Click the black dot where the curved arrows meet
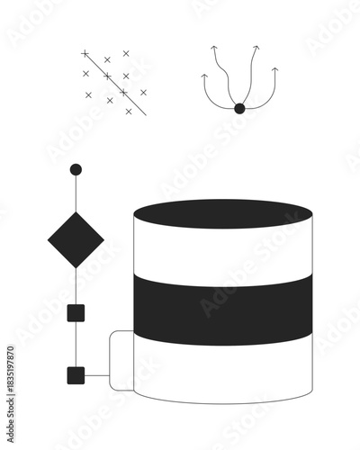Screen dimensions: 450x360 click(239, 109)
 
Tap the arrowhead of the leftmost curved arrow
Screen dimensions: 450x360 click(204, 76)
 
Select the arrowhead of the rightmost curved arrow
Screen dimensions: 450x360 click(274, 68)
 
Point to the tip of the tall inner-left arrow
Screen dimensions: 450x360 click(214, 48)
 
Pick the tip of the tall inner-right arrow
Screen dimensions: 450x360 click(256, 47)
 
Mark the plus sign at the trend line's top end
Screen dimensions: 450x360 click(85, 54)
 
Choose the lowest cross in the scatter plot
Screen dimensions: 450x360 click(129, 112)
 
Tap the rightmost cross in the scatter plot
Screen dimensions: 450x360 click(143, 92)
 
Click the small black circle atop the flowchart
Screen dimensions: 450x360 click(76, 169)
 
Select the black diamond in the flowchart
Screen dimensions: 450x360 click(76, 239)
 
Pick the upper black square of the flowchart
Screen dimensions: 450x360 click(76, 313)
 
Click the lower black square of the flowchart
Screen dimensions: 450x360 click(76, 375)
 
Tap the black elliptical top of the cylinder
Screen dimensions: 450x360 click(222, 214)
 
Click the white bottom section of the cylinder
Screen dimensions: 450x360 click(222, 373)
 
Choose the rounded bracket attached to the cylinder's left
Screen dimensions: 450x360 click(112, 360)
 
